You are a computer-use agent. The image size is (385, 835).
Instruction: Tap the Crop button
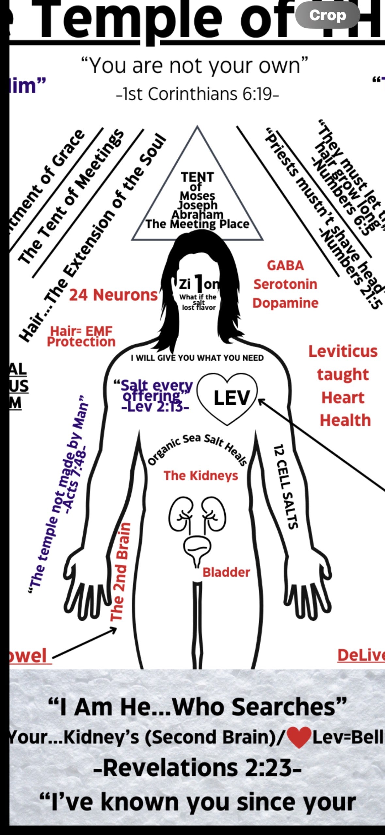328,15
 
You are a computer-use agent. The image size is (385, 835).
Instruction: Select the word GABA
285,266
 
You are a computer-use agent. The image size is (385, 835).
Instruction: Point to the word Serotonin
285,284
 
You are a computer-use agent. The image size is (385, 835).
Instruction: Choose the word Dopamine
285,303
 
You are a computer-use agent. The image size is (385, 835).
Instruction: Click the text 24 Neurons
113,295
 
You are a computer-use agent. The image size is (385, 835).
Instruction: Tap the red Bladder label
226,572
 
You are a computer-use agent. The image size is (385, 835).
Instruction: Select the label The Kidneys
201,476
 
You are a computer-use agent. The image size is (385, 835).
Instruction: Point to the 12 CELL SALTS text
285,487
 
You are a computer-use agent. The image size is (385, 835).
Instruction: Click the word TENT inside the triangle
197,177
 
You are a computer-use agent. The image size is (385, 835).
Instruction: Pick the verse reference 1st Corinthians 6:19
197,94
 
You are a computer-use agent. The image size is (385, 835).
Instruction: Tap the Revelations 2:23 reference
197,768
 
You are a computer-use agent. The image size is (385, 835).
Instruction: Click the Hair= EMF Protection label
81,336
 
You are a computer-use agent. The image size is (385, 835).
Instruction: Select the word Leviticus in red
343,352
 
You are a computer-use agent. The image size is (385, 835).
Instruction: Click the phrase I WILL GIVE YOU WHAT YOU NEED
197,358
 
